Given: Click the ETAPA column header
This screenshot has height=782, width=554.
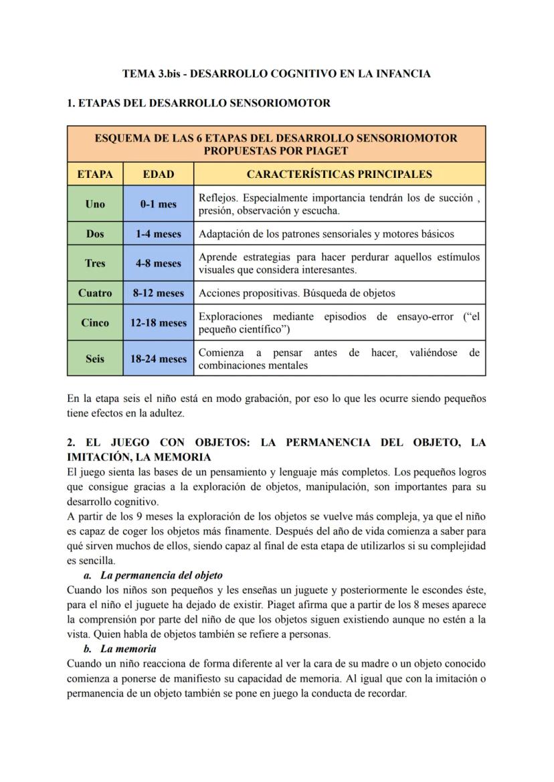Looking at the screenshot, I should click(95, 174).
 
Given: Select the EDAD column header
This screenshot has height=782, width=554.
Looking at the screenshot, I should click(159, 174).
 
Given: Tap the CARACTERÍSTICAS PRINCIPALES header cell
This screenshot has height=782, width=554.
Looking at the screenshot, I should click(339, 174).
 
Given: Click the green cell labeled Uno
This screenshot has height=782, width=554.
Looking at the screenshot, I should click(95, 204).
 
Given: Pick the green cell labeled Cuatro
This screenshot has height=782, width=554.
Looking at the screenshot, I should click(95, 293).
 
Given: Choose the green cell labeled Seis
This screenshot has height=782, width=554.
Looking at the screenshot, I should click(95, 359).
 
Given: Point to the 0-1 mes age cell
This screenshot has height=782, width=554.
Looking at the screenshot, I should click(159, 204).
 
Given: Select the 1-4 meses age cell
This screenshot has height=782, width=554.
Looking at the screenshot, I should click(159, 234).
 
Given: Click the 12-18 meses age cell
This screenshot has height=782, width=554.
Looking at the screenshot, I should click(159, 323).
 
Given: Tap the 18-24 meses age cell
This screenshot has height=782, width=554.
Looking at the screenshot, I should click(159, 359).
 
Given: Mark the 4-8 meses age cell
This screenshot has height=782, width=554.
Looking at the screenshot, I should click(159, 264).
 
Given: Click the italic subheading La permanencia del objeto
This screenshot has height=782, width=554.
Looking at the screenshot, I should click(161, 575).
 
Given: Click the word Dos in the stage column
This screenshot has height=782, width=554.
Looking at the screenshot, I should click(95, 234).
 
